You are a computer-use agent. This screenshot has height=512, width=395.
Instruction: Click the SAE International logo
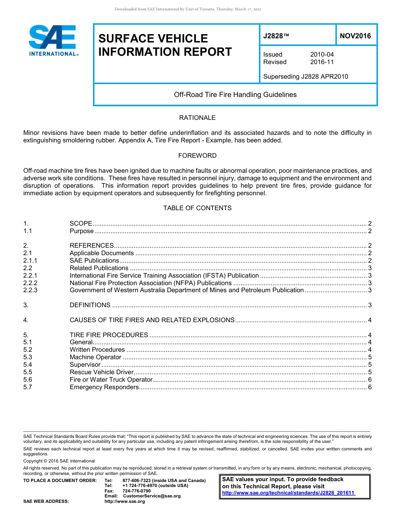(x=53, y=41)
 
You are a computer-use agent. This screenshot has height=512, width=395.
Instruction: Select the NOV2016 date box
(x=355, y=36)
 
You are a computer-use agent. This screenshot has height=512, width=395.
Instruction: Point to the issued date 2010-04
(x=322, y=55)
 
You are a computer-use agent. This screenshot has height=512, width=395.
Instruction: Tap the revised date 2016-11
(x=322, y=62)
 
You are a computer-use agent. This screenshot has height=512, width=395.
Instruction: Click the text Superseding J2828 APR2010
(x=306, y=77)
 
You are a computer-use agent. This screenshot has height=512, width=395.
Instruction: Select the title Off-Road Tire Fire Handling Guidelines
(x=235, y=94)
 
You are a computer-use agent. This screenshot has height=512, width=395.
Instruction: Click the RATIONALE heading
(x=197, y=118)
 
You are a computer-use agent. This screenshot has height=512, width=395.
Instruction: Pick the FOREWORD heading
(x=197, y=156)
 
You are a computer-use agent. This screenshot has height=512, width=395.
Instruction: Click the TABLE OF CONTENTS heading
(x=197, y=208)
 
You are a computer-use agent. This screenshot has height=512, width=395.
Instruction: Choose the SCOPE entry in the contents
(x=81, y=224)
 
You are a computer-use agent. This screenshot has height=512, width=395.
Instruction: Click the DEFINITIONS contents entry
(x=90, y=305)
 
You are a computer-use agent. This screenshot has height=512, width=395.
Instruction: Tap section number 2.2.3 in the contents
(x=30, y=290)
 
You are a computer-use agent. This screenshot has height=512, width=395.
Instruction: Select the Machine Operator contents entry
(x=95, y=357)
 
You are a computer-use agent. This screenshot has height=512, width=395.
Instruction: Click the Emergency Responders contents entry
(x=104, y=387)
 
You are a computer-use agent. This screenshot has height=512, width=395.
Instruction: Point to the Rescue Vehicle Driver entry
(x=101, y=372)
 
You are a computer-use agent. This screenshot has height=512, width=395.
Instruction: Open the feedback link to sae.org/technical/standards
(x=288, y=493)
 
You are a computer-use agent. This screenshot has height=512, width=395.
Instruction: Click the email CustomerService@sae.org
(x=152, y=496)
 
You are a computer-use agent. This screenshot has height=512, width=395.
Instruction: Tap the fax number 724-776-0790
(x=136, y=491)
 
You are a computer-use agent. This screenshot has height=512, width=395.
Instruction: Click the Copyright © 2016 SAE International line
(x=59, y=461)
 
